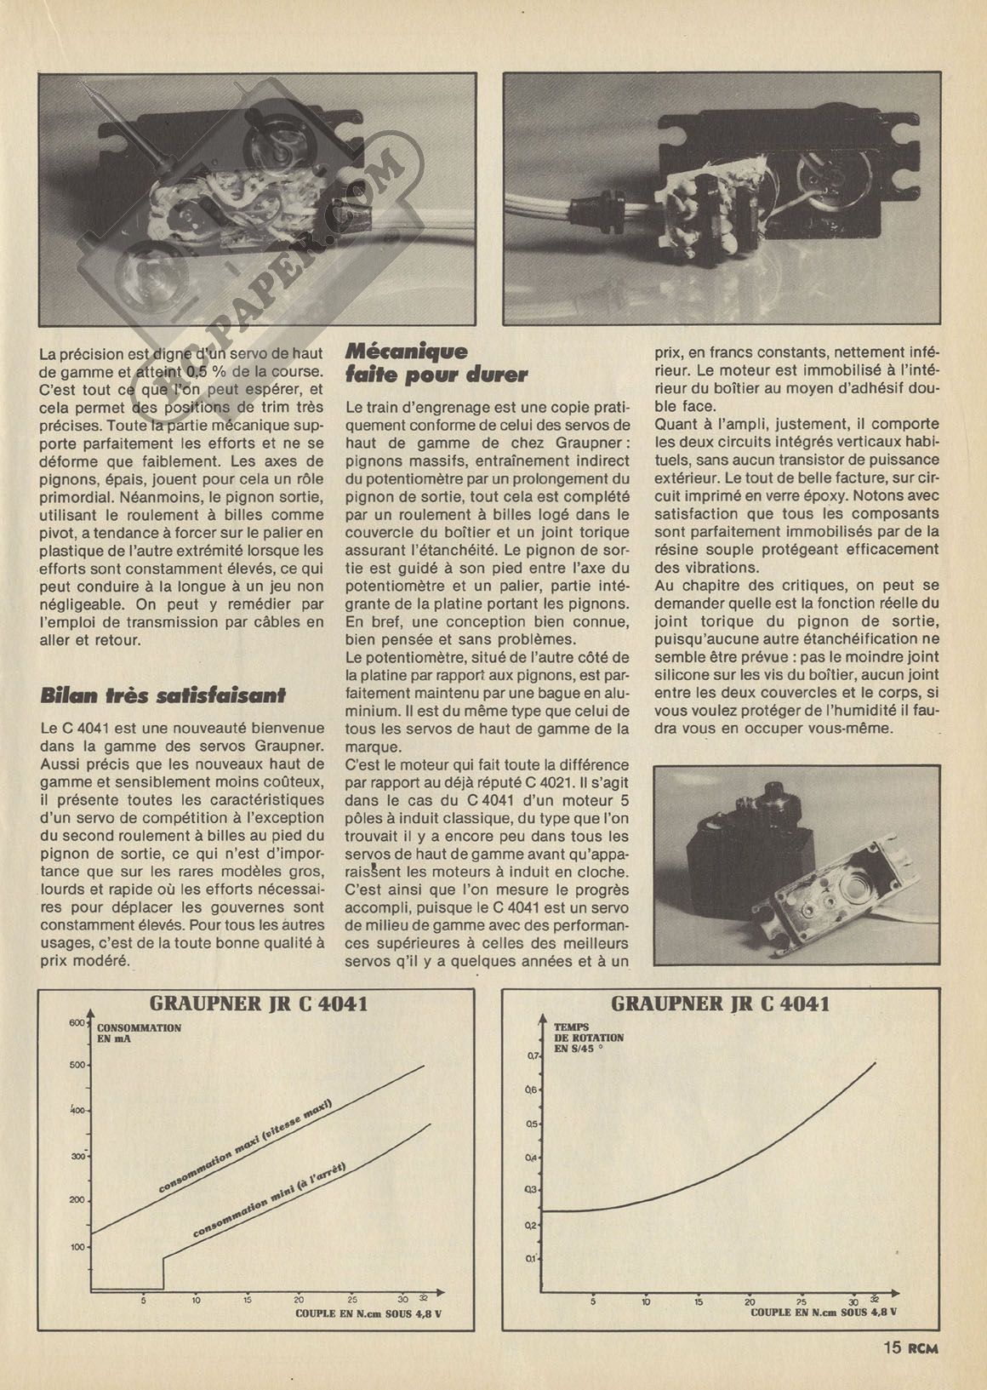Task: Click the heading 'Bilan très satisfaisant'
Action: tap(163, 695)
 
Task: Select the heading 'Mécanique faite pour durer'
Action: tap(436, 363)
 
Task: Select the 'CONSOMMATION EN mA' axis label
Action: tap(145, 1033)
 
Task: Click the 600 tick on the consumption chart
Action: tap(74, 1022)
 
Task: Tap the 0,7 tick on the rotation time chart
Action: tap(533, 1056)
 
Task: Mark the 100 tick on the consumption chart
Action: tap(77, 1247)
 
